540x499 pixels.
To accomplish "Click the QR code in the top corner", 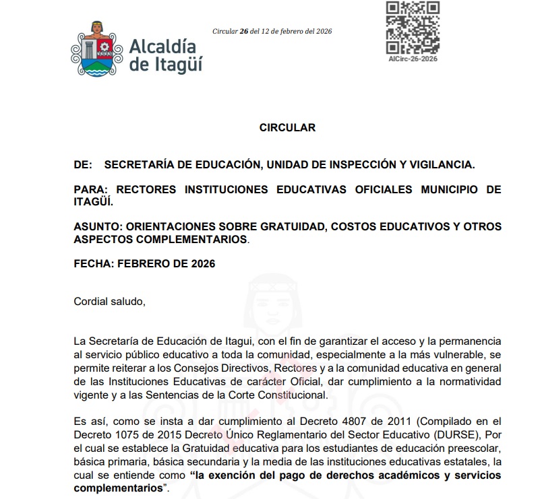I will click(412, 28).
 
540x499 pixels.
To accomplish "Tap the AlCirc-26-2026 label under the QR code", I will click(413, 59).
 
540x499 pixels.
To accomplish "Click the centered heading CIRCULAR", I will click(287, 127).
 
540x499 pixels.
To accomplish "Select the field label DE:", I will click(82, 164).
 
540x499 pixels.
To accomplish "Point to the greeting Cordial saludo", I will click(109, 301).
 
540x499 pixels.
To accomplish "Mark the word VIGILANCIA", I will click(441, 164).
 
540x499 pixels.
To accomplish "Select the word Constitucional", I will click(293, 395).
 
